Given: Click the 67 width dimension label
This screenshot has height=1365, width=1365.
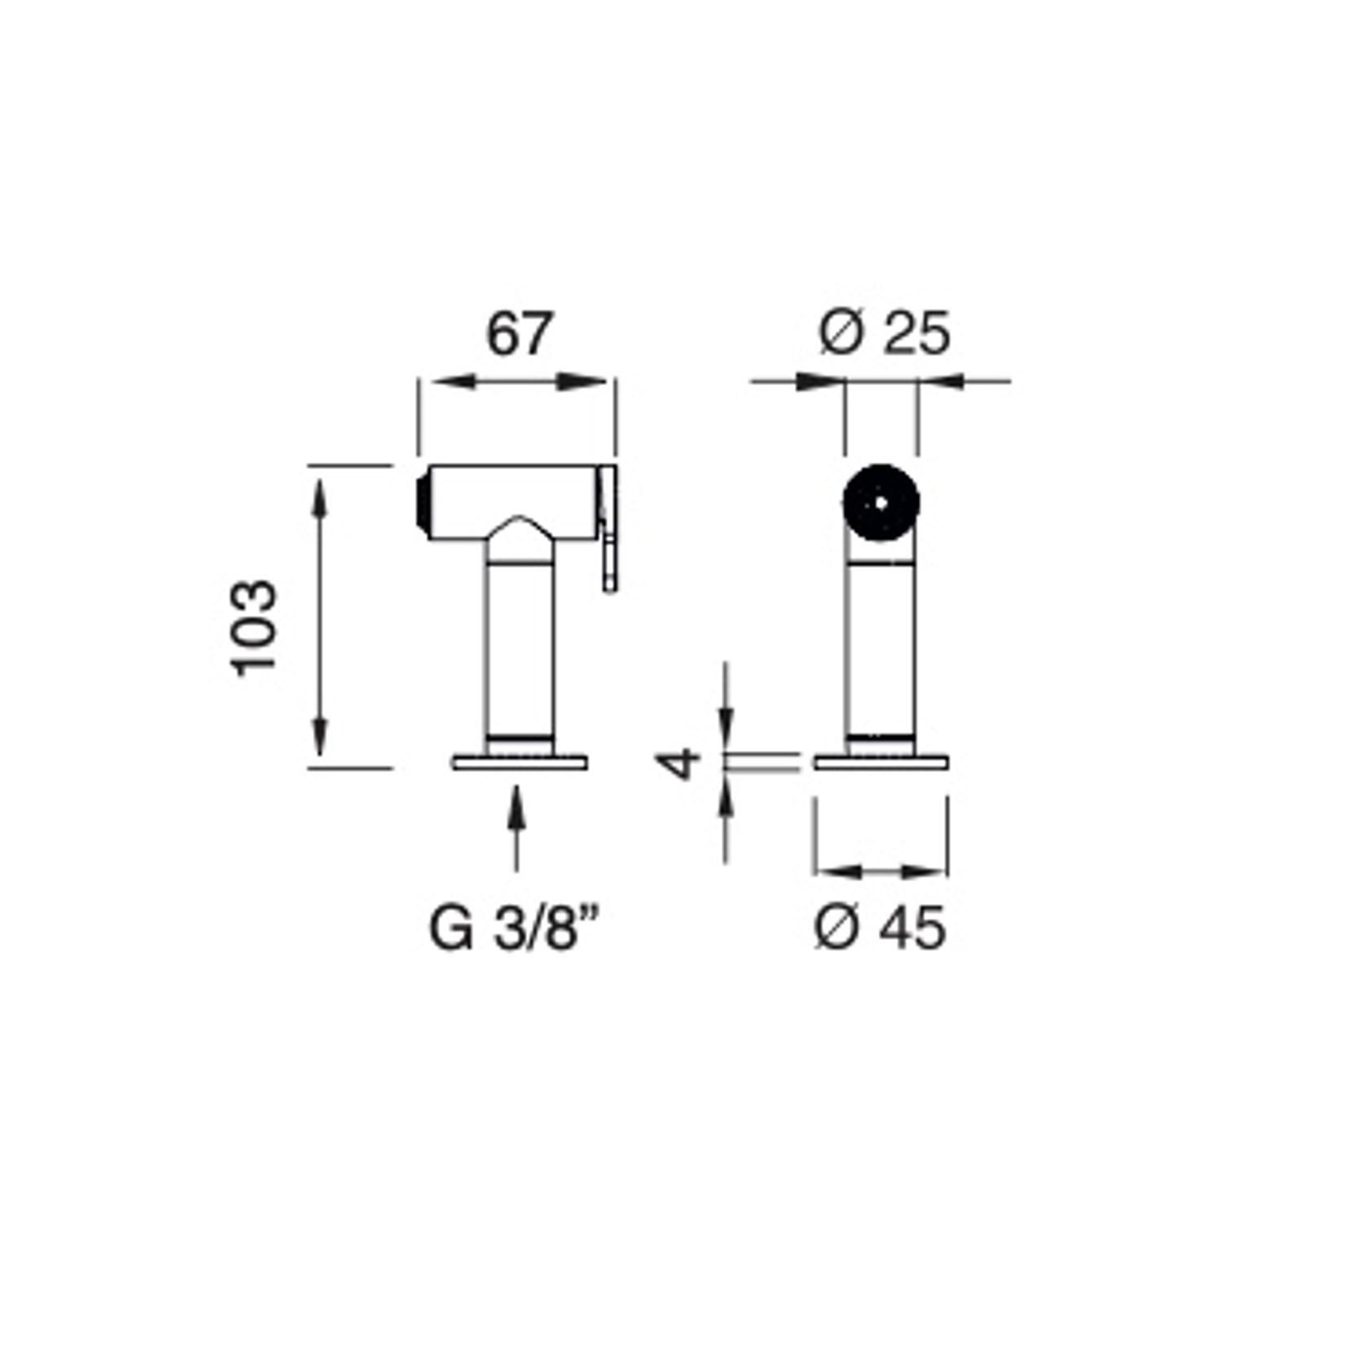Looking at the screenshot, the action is [x=520, y=333].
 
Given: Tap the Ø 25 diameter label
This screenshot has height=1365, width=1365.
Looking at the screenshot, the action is [x=884, y=333].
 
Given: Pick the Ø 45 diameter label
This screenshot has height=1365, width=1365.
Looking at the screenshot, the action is [x=880, y=927].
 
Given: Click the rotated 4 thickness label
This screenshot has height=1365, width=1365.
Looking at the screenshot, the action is [x=678, y=762].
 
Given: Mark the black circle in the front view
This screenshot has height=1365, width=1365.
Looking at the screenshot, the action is [x=881, y=503].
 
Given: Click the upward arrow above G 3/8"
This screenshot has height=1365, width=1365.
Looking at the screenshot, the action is [x=515, y=827].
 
